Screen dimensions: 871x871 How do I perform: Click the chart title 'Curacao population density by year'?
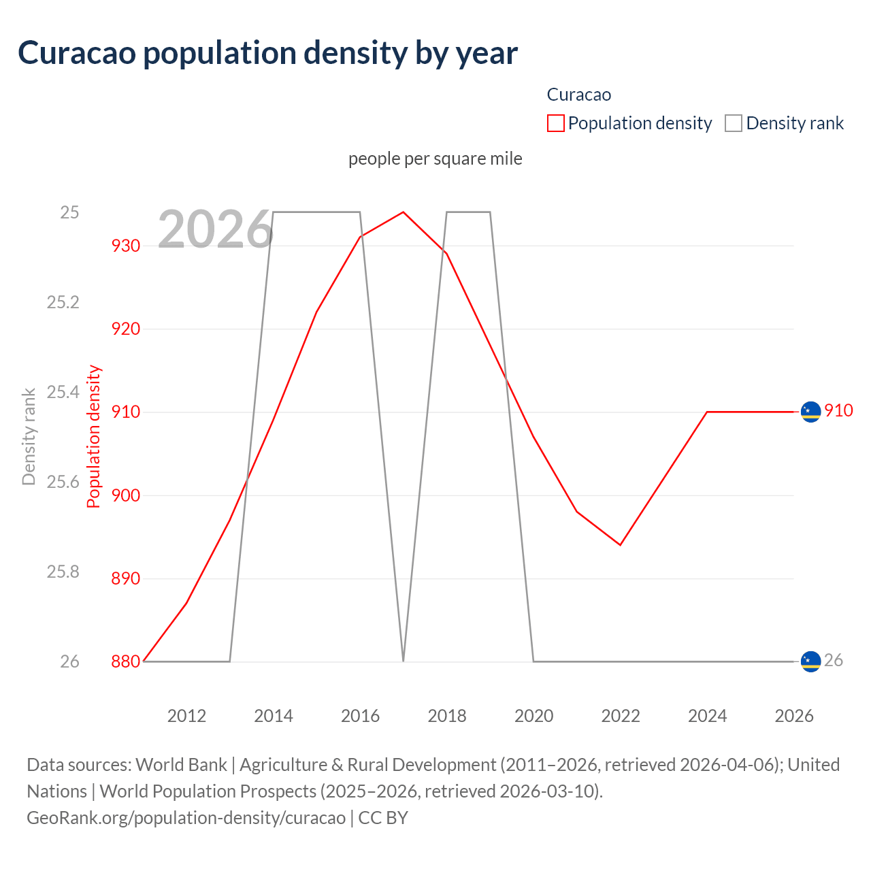pyautogui.click(x=267, y=53)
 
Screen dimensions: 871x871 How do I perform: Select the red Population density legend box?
pyautogui.click(x=555, y=123)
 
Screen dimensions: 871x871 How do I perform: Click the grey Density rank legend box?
pyautogui.click(x=733, y=123)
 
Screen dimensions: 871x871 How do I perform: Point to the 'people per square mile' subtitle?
pyautogui.click(x=435, y=159)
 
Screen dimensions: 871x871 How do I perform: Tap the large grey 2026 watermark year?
pyautogui.click(x=215, y=229)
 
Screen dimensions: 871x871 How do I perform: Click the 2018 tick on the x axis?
pyautogui.click(x=446, y=716)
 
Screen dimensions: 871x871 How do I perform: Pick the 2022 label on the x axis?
pyautogui.click(x=620, y=716)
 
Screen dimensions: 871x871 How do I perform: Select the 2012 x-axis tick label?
pyautogui.click(x=186, y=716)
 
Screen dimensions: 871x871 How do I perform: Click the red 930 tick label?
pyautogui.click(x=126, y=246)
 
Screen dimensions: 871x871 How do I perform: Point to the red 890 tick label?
pyautogui.click(x=126, y=578)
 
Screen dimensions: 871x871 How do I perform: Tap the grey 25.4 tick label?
pyautogui.click(x=63, y=392)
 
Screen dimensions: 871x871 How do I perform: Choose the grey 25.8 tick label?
pyautogui.click(x=63, y=572)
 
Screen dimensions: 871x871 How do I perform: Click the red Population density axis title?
pyautogui.click(x=94, y=436)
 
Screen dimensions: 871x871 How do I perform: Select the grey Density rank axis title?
pyautogui.click(x=29, y=436)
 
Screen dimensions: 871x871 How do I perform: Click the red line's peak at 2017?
pyautogui.click(x=404, y=212)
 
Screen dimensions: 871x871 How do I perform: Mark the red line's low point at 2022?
pyautogui.click(x=620, y=545)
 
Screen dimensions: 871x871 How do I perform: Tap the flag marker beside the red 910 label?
pyautogui.click(x=810, y=412)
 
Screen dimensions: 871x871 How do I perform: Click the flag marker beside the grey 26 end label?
pyautogui.click(x=810, y=661)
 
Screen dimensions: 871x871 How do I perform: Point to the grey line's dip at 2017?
pyautogui.click(x=404, y=660)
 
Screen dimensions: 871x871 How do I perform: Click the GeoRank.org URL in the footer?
pyautogui.click(x=186, y=817)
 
